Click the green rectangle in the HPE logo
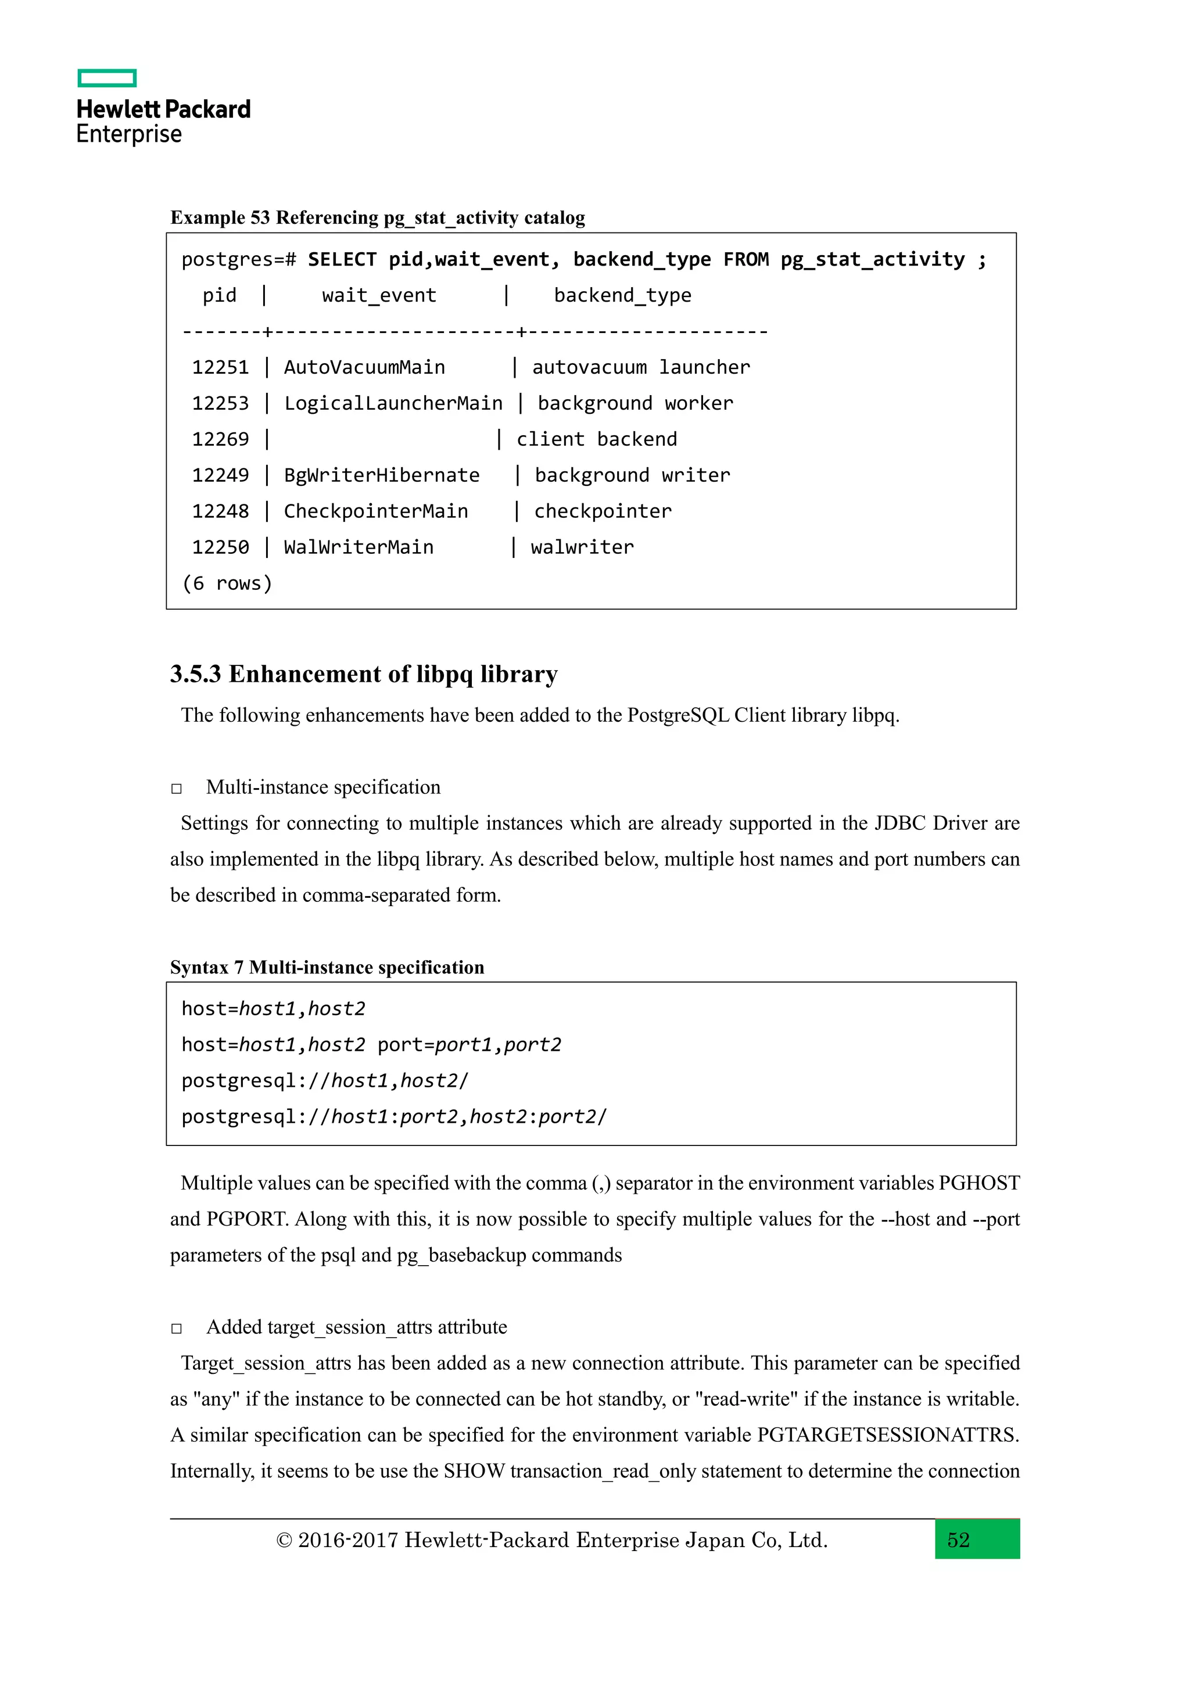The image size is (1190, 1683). pos(107,78)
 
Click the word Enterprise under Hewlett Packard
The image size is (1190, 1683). pos(129,134)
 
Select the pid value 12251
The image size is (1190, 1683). pos(220,367)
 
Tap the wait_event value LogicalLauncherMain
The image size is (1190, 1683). pos(393,403)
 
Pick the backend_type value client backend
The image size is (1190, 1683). pos(597,439)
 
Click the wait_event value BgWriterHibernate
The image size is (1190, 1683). pos(381,475)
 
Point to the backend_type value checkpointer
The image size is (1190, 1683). pos(603,511)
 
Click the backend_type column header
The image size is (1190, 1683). pos(622,295)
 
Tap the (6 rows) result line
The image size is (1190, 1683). pos(227,583)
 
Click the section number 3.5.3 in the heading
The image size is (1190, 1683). pos(195,674)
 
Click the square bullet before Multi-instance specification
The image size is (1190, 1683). pos(177,789)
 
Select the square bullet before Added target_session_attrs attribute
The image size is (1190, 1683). pos(177,1329)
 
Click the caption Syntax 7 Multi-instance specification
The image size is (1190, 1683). pos(327,968)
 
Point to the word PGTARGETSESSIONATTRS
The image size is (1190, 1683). pos(886,1434)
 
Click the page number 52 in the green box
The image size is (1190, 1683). pos(958,1539)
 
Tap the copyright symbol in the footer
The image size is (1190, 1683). pos(284,1540)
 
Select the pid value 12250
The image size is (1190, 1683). pos(220,547)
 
